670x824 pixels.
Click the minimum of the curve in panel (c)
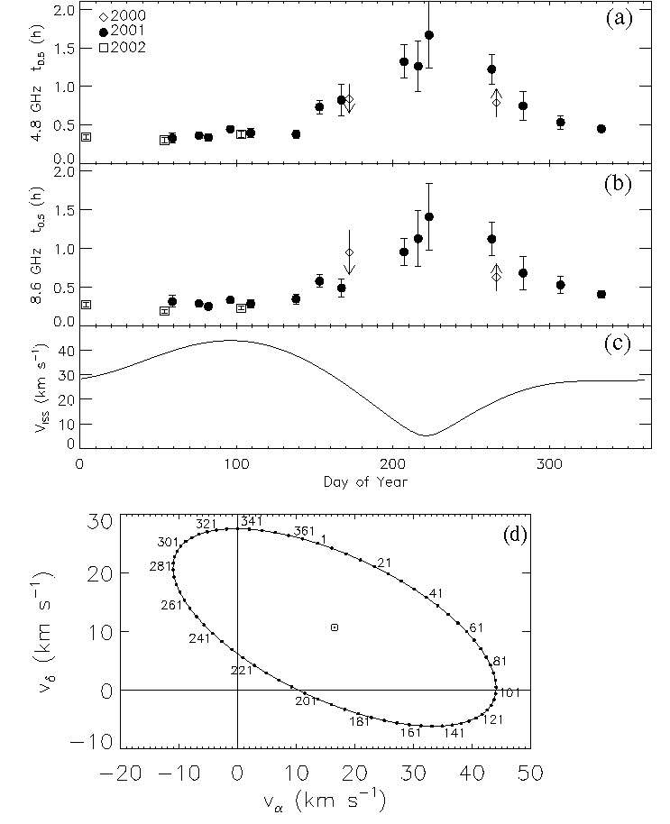427,435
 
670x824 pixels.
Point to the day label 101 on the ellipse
512,694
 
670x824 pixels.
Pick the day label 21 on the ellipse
384,563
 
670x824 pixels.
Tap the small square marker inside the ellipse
335,627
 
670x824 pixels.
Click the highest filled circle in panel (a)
429,35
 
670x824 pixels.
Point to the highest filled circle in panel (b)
429,216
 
